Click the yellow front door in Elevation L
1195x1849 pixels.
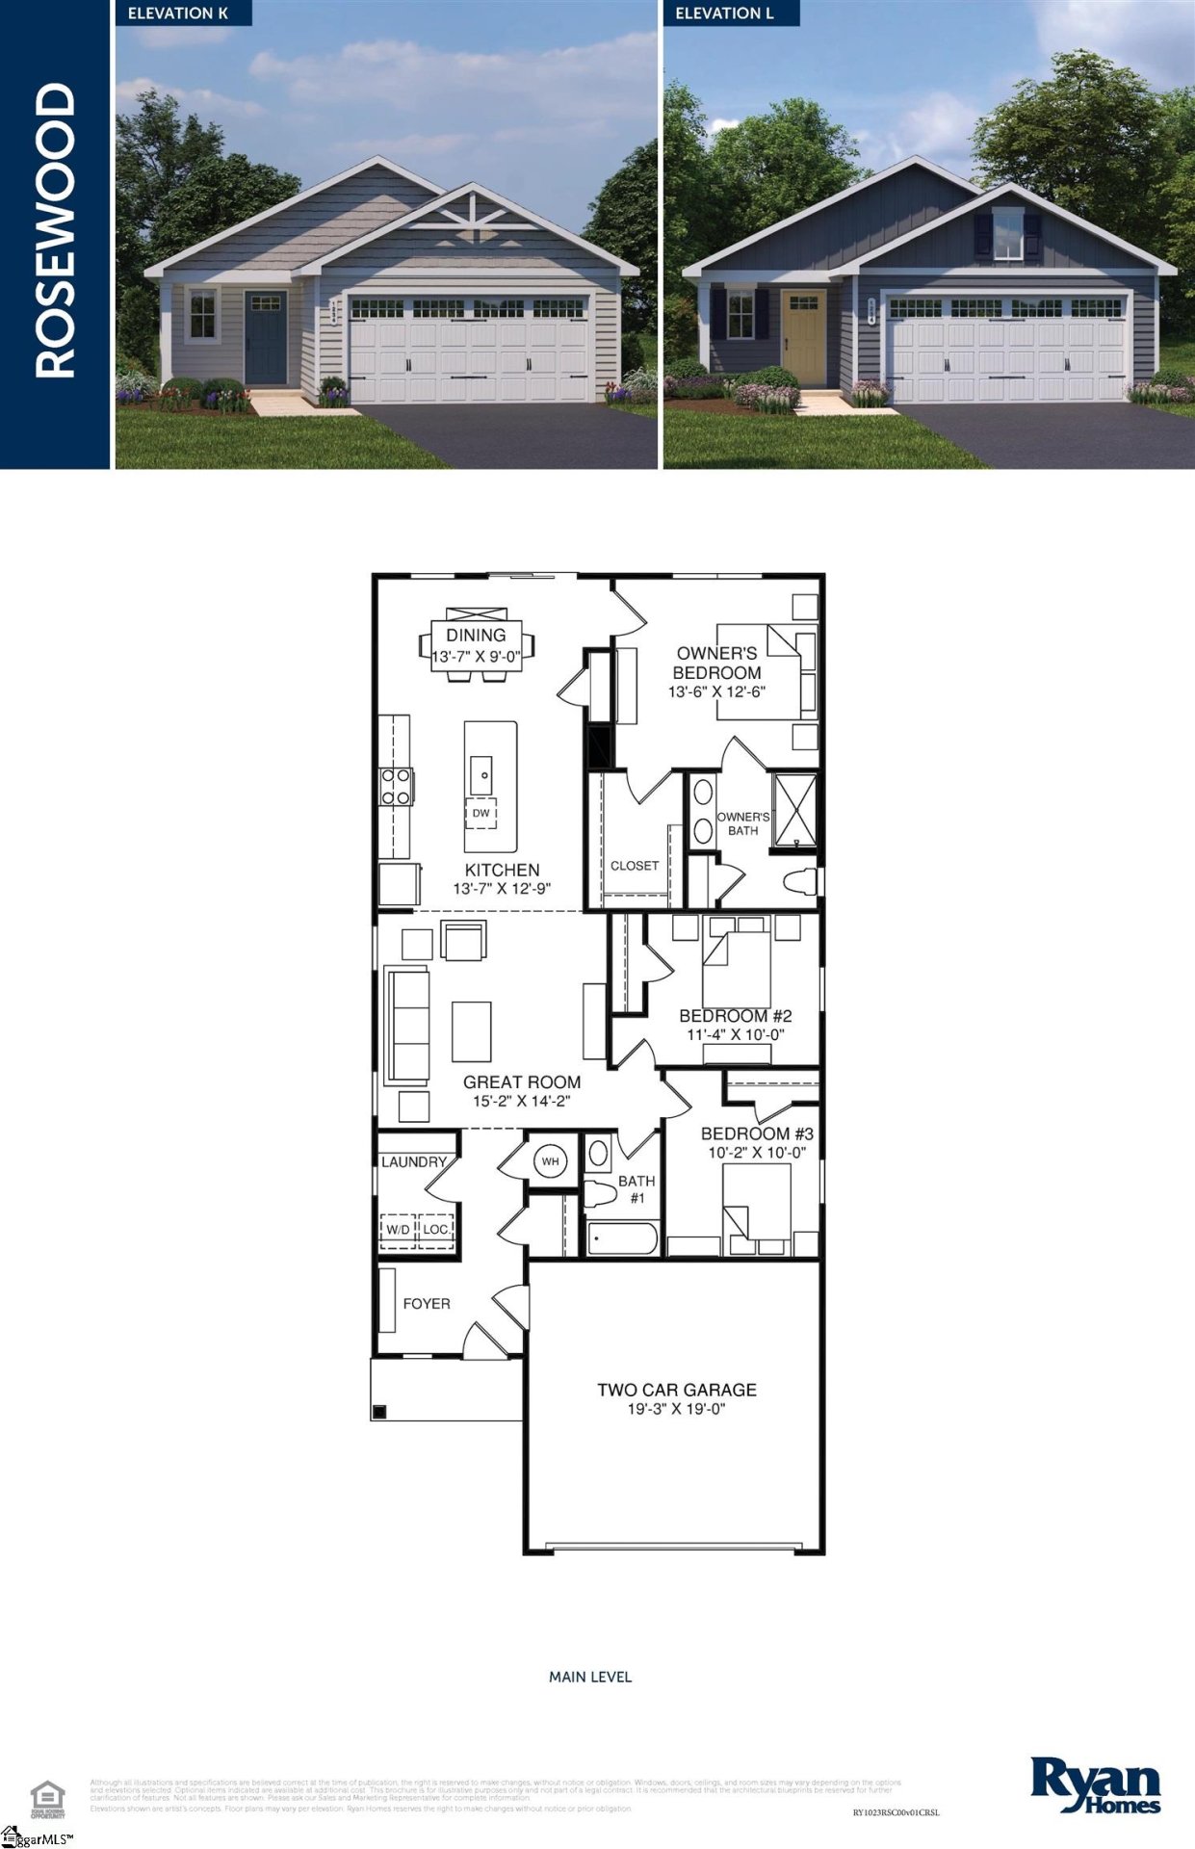(x=803, y=339)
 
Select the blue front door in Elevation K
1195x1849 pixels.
(x=265, y=339)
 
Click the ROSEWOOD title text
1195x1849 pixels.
(x=55, y=231)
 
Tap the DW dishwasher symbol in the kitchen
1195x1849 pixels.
(x=481, y=813)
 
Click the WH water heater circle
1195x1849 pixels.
(x=550, y=1161)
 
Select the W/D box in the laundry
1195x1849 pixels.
(x=398, y=1230)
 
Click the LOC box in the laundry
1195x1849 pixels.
(x=435, y=1230)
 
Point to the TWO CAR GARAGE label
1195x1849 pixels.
(x=676, y=1390)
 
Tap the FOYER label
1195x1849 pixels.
(x=426, y=1304)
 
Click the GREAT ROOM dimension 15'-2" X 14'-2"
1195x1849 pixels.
(x=522, y=1101)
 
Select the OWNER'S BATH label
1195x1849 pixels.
(x=742, y=823)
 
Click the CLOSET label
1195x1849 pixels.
(x=635, y=866)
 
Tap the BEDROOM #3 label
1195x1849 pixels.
(x=757, y=1133)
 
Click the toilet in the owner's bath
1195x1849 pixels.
(x=800, y=881)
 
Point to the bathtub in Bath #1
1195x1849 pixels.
(x=622, y=1239)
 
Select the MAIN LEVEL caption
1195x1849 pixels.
(x=590, y=1677)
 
